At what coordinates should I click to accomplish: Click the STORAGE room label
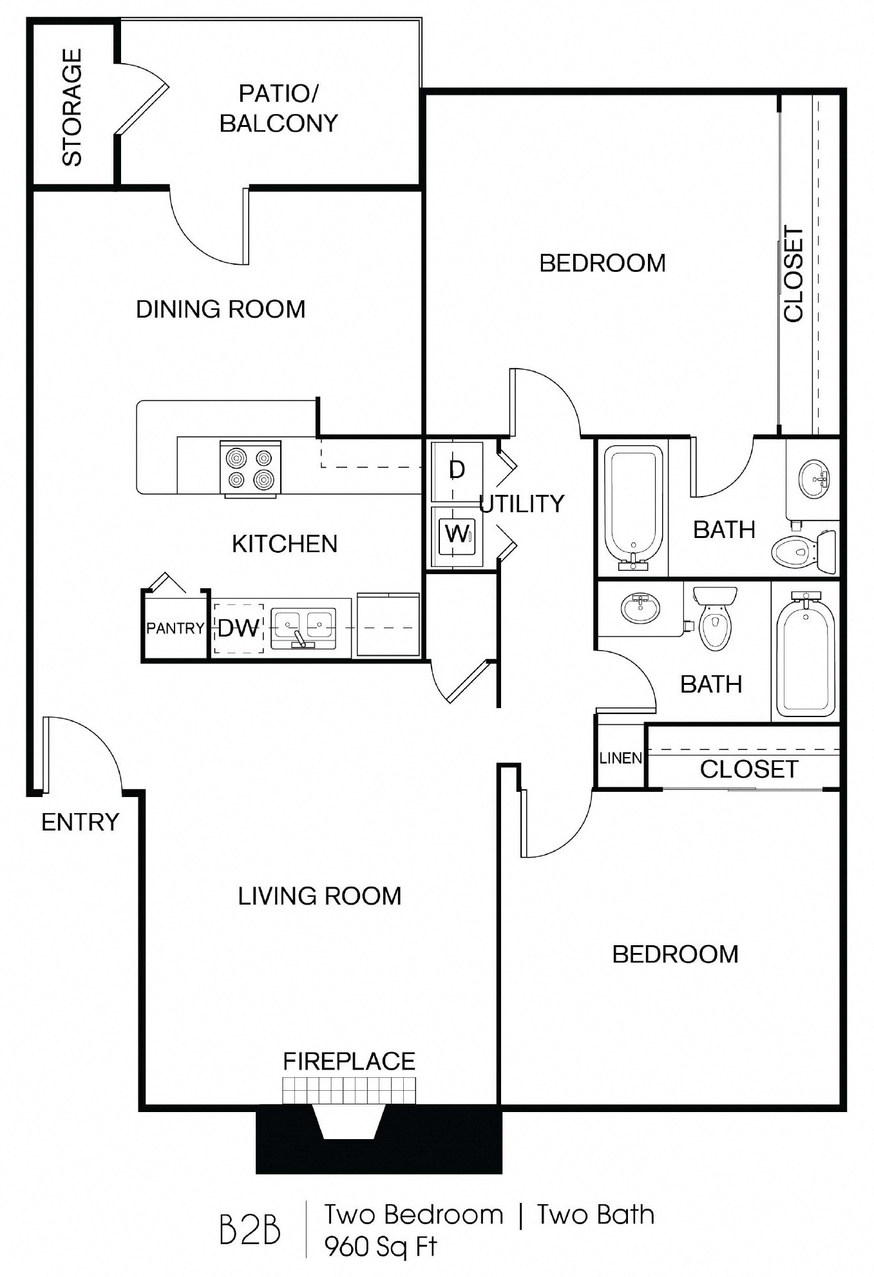[72, 108]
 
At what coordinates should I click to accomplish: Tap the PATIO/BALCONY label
[278, 108]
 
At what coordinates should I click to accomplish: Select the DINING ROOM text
[220, 310]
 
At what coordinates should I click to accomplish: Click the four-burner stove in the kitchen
[251, 468]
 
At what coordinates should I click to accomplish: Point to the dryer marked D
[457, 470]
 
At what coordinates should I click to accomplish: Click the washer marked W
[457, 534]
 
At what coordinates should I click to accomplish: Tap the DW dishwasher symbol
[238, 628]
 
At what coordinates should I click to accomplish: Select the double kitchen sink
[302, 628]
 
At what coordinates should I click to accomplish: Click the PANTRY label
[175, 628]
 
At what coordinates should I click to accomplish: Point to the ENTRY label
[81, 822]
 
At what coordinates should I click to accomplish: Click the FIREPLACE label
[349, 1061]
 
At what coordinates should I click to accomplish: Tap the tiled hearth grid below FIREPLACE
[349, 1090]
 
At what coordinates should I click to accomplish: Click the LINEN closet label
[621, 758]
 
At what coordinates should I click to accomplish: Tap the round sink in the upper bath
[814, 479]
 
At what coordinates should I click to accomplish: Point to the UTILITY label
[522, 504]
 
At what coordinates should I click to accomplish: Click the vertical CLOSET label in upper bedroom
[793, 274]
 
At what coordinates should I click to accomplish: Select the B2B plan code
[250, 1230]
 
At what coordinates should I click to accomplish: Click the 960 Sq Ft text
[381, 1247]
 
